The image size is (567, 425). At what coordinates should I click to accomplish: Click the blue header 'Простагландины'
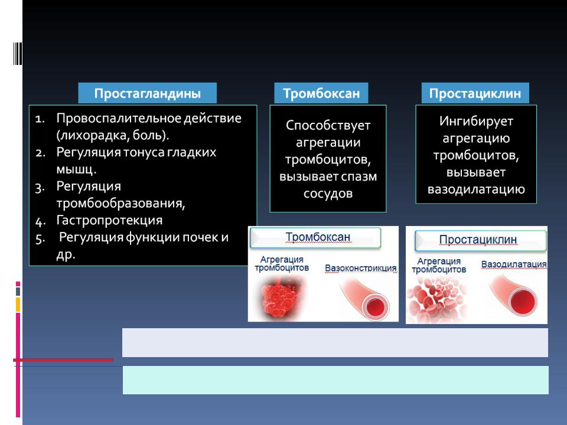(147, 93)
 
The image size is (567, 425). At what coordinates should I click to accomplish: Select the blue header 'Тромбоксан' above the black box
(321, 93)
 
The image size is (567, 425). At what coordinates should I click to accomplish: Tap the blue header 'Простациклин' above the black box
(475, 93)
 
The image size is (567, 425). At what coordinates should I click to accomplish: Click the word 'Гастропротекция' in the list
(109, 220)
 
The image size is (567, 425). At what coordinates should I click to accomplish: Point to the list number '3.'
(40, 188)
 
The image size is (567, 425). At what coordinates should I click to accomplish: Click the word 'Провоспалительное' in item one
(119, 118)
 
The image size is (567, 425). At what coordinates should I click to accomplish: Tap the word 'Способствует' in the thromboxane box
(328, 125)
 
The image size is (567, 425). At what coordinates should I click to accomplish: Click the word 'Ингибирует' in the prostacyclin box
(476, 121)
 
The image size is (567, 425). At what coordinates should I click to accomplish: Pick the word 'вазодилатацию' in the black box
(476, 189)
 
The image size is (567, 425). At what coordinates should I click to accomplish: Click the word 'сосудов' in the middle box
(328, 194)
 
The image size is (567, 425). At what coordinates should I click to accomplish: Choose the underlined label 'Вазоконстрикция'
(360, 268)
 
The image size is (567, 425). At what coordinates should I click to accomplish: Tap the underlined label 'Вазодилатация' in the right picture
(513, 264)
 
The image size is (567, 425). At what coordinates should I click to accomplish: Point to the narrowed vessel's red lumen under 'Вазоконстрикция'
(376, 307)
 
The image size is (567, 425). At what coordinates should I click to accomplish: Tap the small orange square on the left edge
(18, 305)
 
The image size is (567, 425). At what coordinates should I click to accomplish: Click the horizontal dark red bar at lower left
(63, 360)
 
